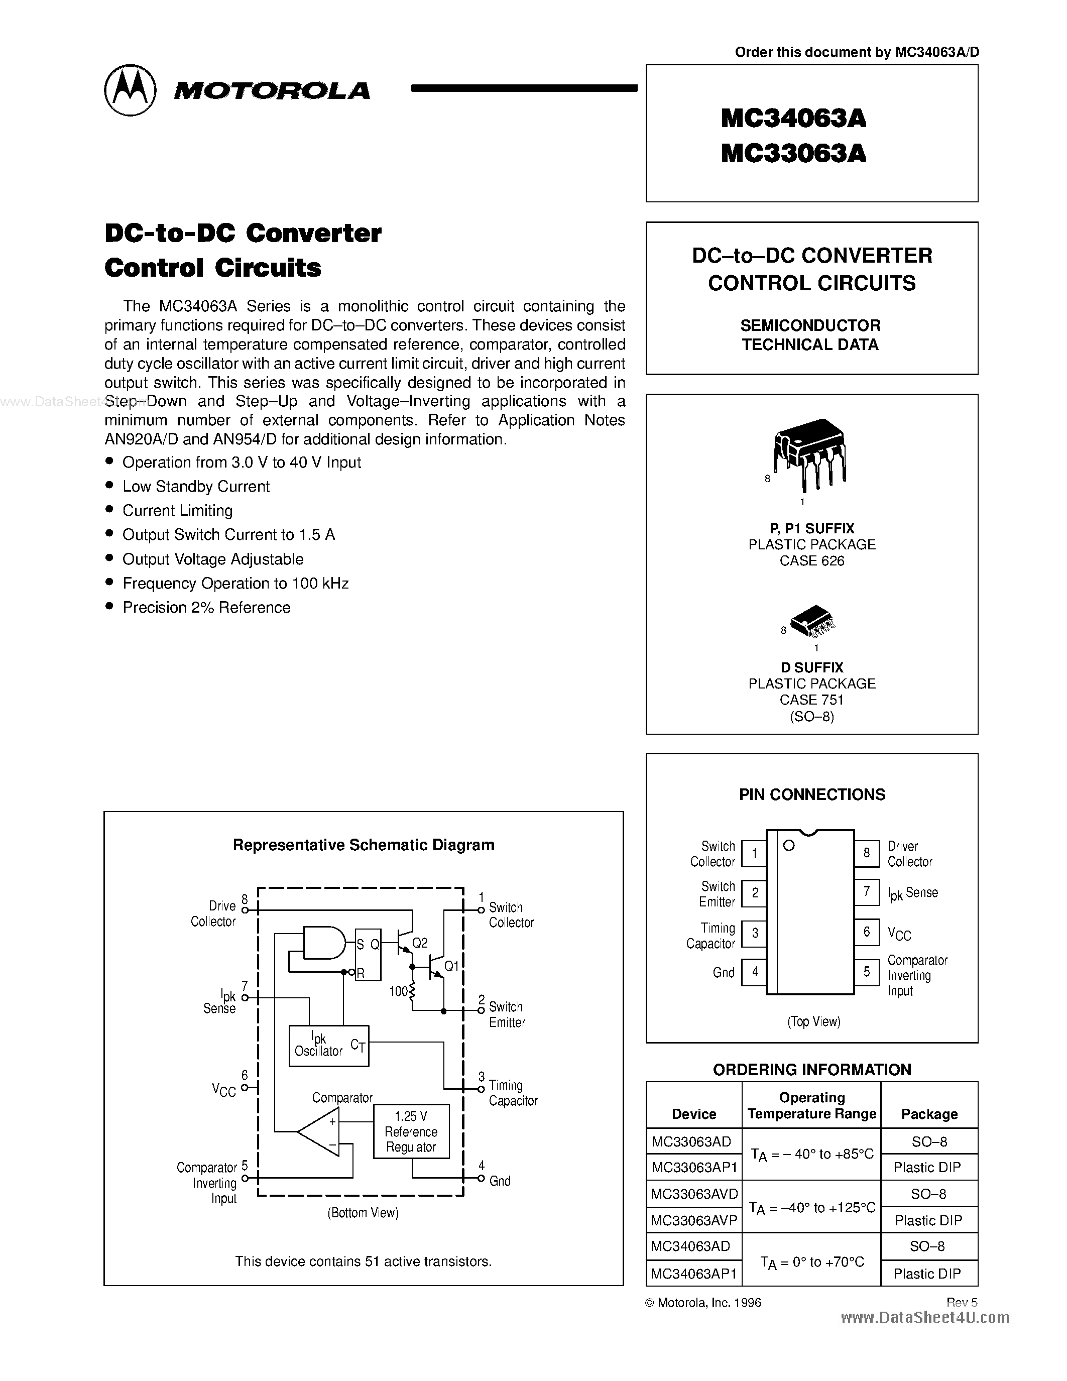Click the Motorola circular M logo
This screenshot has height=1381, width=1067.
pos(130,90)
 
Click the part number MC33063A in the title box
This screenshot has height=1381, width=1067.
pos(793,153)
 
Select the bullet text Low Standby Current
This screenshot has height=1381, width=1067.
pos(196,486)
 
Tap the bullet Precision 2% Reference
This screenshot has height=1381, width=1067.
pos(206,607)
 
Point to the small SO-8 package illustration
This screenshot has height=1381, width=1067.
pos(812,620)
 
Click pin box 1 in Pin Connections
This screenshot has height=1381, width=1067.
pos(754,854)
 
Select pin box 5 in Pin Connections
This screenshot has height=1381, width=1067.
pos(867,971)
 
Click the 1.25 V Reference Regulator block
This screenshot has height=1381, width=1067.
pos(411,1131)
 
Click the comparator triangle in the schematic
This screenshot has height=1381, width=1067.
pos(320,1131)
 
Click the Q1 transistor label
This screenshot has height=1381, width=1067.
pos(451,966)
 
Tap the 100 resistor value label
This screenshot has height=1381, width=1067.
pos(398,991)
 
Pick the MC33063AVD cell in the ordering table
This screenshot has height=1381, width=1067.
pos(694,1194)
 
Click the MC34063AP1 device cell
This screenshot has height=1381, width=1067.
pos(694,1274)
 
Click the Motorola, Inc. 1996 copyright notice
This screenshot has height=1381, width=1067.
pos(703,1303)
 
